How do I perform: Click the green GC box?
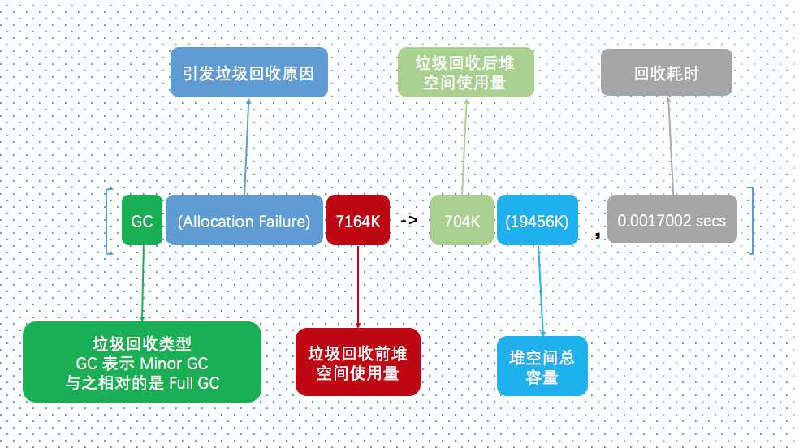[x=142, y=220]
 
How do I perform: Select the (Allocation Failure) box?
[x=244, y=220]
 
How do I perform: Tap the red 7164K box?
[x=358, y=220]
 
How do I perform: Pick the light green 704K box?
[x=462, y=220]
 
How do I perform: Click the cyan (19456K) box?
[x=537, y=220]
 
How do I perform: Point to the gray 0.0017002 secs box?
[x=672, y=219]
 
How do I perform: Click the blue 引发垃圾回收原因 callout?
[x=248, y=72]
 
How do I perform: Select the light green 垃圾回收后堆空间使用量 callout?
[x=466, y=72]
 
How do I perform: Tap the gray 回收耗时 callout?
[x=667, y=72]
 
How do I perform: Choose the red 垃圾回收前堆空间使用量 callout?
[x=358, y=362]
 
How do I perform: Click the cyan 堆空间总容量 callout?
[x=542, y=366]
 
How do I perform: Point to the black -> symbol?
[x=409, y=220]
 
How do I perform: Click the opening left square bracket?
[x=109, y=221]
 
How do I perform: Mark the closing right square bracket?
[x=750, y=221]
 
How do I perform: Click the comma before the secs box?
[x=597, y=235]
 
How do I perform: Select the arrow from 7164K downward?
[x=358, y=286]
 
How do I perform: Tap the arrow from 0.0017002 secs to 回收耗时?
[x=671, y=145]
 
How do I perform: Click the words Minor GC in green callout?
[x=174, y=364]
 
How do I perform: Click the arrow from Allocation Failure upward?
[x=247, y=146]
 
